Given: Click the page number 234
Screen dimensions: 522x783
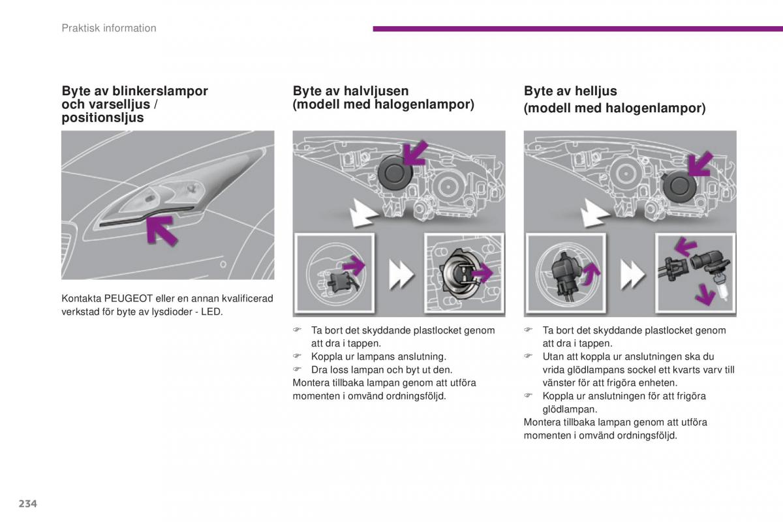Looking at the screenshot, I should coord(27,503).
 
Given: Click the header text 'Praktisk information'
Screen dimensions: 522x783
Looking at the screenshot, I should coord(109,28).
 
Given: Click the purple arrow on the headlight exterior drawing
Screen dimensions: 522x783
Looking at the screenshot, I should coord(160,231).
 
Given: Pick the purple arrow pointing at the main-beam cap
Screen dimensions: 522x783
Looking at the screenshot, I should coord(699,164).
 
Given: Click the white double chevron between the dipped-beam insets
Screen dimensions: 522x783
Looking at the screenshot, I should coord(401,274).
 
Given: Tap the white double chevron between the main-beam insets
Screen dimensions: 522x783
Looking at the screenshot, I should coord(632,274).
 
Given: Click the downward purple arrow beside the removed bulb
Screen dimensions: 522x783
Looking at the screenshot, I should coord(704,295).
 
